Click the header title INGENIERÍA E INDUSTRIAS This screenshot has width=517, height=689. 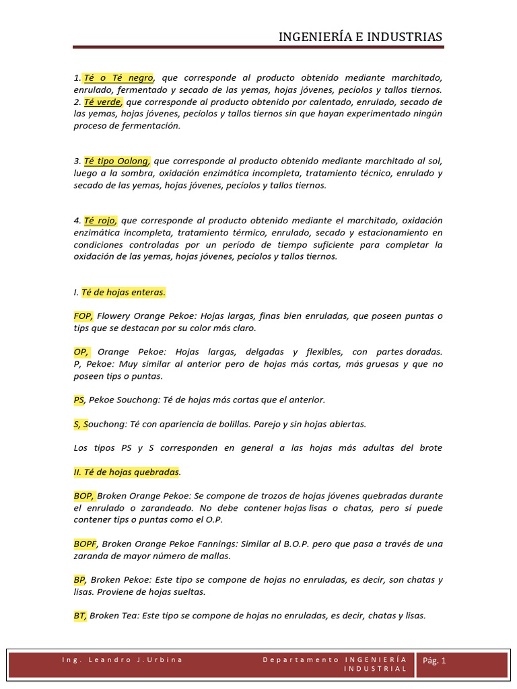pyautogui.click(x=360, y=36)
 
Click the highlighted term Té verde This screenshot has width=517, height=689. pyautogui.click(x=103, y=102)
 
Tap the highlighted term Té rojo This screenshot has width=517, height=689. pyautogui.click(x=101, y=220)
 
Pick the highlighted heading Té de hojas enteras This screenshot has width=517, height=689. pyautogui.click(x=123, y=292)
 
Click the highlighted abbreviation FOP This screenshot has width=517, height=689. pyautogui.click(x=83, y=316)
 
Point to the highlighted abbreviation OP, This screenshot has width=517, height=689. pyautogui.click(x=81, y=352)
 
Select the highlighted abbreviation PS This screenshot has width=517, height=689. pyautogui.click(x=79, y=400)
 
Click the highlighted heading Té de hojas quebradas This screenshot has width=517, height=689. pyautogui.click(x=127, y=472)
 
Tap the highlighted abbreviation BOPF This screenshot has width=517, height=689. pyautogui.click(x=85, y=543)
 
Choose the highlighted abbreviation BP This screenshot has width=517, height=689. pyautogui.click(x=79, y=579)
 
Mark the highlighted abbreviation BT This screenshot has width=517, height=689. pyautogui.click(x=80, y=615)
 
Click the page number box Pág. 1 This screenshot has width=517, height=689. pyautogui.click(x=434, y=661)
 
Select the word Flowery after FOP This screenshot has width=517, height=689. pyautogui.click(x=113, y=316)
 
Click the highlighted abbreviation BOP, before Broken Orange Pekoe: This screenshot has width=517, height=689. pyautogui.click(x=85, y=495)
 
